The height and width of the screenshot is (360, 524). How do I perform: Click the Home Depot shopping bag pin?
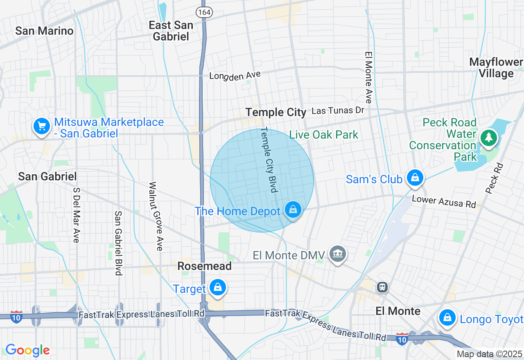(293, 210)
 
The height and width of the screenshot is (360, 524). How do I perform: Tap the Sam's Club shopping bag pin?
(415, 178)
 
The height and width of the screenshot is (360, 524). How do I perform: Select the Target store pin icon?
(217, 288)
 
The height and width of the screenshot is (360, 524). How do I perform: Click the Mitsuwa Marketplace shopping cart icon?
(41, 126)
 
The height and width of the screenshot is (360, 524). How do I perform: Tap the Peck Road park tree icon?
(488, 137)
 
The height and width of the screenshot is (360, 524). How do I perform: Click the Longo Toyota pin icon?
(447, 317)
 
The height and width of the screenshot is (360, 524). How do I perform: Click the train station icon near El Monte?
(383, 287)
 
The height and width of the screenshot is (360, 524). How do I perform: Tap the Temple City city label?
(276, 112)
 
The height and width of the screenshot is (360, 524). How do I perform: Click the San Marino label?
(44, 31)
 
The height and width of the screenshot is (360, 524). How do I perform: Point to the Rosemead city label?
(204, 266)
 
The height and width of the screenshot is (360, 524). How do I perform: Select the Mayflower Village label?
(496, 68)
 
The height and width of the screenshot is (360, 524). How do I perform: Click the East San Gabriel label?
(171, 31)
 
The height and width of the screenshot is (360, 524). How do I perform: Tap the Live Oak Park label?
(324, 135)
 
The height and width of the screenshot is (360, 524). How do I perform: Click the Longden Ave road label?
(235, 76)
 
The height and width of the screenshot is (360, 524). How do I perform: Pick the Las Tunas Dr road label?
(338, 110)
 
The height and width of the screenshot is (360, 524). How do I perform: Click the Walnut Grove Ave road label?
(156, 216)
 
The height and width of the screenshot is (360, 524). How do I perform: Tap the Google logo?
(27, 350)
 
